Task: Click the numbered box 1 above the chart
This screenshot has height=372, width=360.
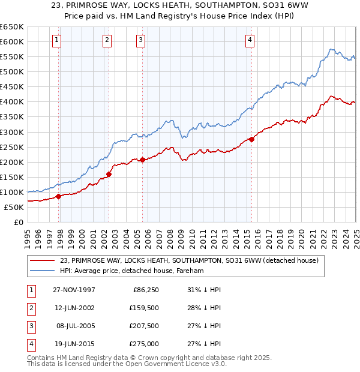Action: (x=56, y=40)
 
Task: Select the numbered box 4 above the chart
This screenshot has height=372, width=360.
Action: (x=249, y=40)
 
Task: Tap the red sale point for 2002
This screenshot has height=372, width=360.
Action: (x=109, y=175)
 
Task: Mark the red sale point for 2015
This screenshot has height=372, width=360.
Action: (x=251, y=140)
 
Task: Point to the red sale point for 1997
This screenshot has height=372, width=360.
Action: (x=59, y=196)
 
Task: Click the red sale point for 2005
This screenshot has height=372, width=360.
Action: (x=143, y=160)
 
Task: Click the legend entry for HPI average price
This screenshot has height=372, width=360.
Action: (x=132, y=271)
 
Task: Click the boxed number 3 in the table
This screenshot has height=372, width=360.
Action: (x=30, y=326)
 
